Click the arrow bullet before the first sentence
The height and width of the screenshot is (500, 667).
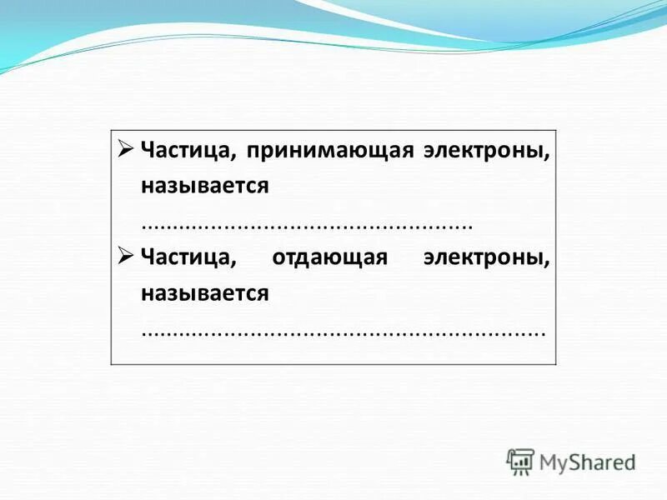(125, 148)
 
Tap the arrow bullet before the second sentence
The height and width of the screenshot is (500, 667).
(125, 255)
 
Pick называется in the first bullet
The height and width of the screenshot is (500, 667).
(204, 186)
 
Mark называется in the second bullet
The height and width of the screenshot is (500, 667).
(204, 292)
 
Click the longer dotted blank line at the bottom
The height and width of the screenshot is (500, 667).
(343, 332)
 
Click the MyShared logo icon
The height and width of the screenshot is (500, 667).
(520, 462)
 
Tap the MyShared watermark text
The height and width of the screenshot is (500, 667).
(587, 462)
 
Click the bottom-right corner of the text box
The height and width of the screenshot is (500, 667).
(557, 364)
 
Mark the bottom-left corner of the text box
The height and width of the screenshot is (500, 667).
(111, 364)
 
